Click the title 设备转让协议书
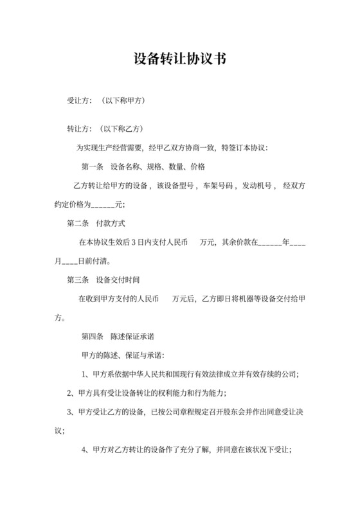(179, 59)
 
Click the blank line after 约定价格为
(104, 206)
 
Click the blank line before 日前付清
(69, 262)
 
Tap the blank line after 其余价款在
(269, 244)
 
